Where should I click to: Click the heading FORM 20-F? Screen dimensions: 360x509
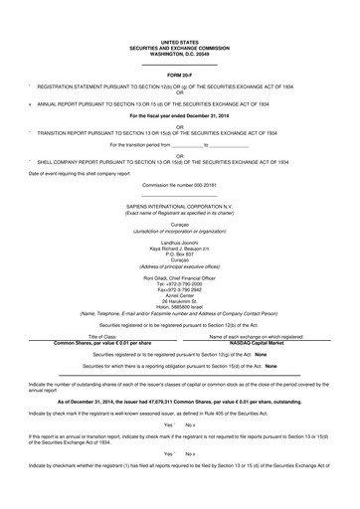point(180,75)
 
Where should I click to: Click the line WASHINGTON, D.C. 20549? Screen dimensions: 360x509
point(180,52)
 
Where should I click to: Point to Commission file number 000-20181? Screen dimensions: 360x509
point(180,157)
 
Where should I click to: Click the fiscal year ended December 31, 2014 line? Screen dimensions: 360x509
point(180,116)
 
